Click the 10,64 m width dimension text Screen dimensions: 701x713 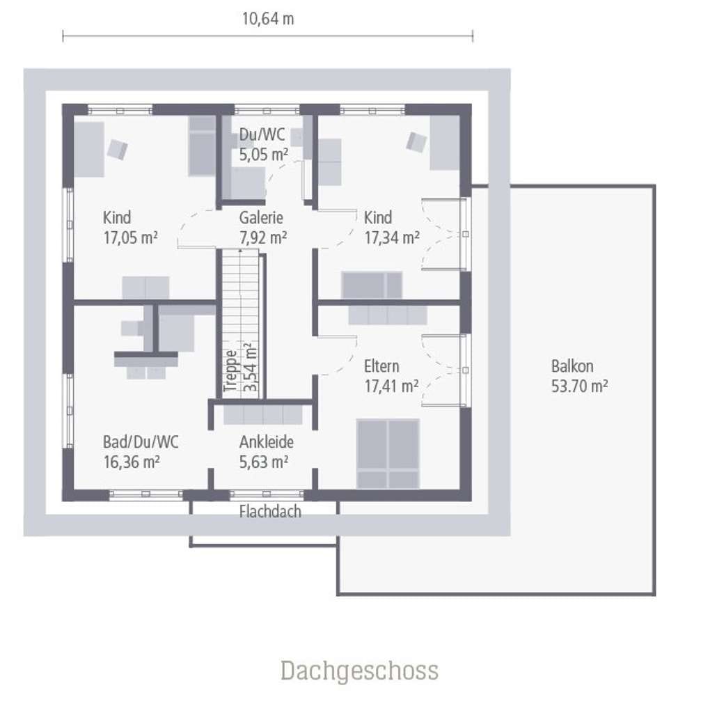268,19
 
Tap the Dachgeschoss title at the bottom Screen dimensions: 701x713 359,671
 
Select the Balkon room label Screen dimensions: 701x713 572,366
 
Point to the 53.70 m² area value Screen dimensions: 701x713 579,386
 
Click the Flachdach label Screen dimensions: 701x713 270,512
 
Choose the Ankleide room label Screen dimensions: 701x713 267,441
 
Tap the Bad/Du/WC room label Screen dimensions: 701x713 141,442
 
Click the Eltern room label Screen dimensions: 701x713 381,366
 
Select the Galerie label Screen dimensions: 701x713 261,217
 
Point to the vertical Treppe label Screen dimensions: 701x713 230,371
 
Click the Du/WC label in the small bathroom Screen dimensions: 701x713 262,134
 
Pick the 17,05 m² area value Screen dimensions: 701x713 130,237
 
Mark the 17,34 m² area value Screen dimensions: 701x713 391,237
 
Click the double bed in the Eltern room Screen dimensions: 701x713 388,453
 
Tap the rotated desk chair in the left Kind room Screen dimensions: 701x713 117,149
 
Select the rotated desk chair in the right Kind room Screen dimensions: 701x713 416,142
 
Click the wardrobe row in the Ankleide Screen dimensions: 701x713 262,415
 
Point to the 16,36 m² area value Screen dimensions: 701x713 132,462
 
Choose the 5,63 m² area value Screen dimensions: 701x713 264,462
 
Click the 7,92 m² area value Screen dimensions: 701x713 262,237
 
